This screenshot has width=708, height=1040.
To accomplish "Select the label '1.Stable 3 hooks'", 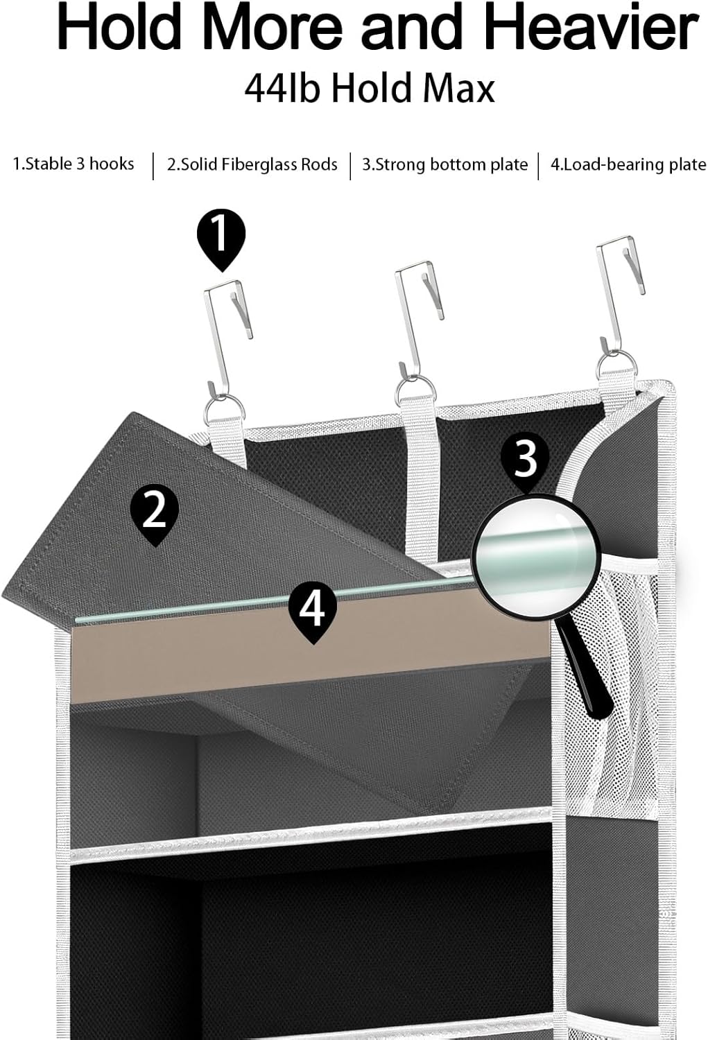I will [74, 164].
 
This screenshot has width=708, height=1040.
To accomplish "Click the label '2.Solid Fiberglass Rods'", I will [252, 165].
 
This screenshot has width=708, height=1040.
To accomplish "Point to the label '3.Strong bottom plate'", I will [444, 165].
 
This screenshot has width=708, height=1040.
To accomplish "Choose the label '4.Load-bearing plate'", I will [628, 165].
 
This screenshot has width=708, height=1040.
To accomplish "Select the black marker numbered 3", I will [526, 459].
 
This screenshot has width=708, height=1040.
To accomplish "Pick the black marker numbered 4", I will [312, 609].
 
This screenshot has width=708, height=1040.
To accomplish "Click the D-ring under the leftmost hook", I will [221, 409].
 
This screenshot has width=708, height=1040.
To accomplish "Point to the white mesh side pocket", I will [610, 693].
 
